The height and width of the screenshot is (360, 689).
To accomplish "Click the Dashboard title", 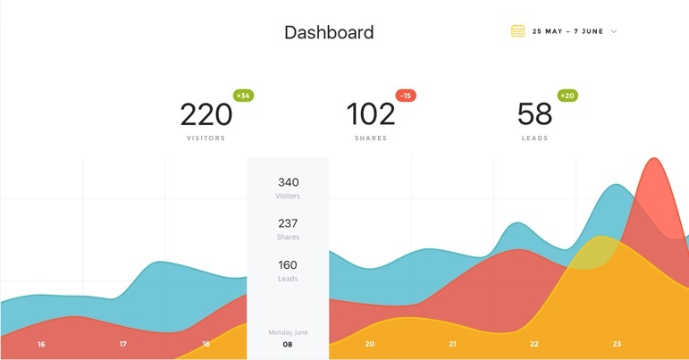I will tap(329, 33).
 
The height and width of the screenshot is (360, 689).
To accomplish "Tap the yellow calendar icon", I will tap(517, 31).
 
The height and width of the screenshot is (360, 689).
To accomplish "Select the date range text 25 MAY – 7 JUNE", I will tap(567, 31).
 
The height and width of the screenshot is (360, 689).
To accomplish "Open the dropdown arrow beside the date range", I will tap(614, 31).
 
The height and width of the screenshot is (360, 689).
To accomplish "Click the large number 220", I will tap(206, 114).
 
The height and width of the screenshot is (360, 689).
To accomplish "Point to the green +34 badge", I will tap(243, 96).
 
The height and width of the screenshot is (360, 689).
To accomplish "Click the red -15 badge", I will tap(406, 96).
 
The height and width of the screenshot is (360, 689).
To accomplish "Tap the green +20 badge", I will tap(567, 96).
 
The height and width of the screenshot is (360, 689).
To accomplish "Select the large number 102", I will tap(370, 114).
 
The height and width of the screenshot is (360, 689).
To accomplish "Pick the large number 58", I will tap(534, 114).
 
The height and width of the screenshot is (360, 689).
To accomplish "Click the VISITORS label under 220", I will tap(206, 138).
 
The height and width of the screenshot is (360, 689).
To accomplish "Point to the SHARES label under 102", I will tap(370, 138).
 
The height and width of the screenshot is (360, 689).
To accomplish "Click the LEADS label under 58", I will tap(534, 138).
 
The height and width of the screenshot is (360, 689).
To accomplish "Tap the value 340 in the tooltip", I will tap(288, 182).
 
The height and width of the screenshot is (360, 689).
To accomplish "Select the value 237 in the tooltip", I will tap(288, 223).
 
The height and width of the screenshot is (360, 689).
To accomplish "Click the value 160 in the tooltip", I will tap(288, 264).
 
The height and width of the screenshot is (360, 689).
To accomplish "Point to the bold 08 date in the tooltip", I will tap(288, 344).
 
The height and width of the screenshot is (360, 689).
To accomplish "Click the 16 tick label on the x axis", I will tap(41, 344).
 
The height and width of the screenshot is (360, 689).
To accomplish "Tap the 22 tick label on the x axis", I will tap(534, 344).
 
